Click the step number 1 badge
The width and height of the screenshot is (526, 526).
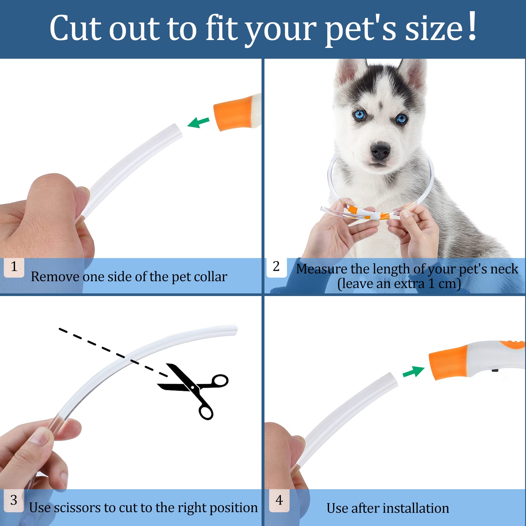coord(14,267)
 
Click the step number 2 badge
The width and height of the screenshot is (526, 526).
coord(276,267)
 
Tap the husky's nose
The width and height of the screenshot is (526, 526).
coord(380,150)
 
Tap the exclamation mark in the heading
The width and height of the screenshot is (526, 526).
coord(472,26)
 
